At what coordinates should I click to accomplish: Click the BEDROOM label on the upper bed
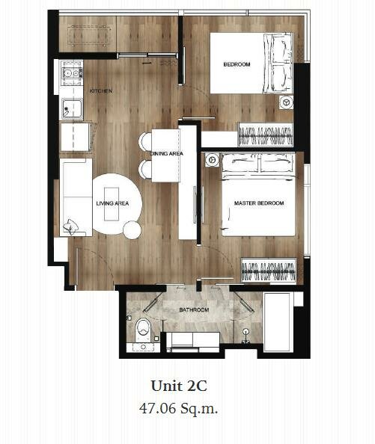pos(237,64)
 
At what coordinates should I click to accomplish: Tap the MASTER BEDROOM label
pos(259,203)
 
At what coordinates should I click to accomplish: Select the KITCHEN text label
pos(101,91)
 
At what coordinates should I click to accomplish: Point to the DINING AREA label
pos(167,153)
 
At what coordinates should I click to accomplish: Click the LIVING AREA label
pos(112,203)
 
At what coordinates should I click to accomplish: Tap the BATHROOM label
pos(194,309)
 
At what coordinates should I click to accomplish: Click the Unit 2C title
pos(179,386)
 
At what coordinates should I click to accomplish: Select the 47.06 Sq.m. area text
pos(179,408)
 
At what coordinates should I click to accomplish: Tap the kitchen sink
pos(72,108)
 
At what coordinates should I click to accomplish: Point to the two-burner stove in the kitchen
pos(71,73)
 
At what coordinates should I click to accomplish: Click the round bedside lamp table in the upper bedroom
pos(286,102)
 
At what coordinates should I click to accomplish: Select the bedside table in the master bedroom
pos(212,160)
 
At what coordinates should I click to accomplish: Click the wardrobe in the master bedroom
pos(269,270)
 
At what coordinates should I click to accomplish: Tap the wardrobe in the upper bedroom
pos(265,135)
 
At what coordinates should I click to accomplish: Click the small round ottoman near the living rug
pos(132,230)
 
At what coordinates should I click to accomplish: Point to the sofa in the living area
pos(76,197)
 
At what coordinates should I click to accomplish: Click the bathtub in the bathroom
pos(277,322)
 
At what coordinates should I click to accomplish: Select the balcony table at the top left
pos(89,35)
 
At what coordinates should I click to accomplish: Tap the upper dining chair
pos(145,142)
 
